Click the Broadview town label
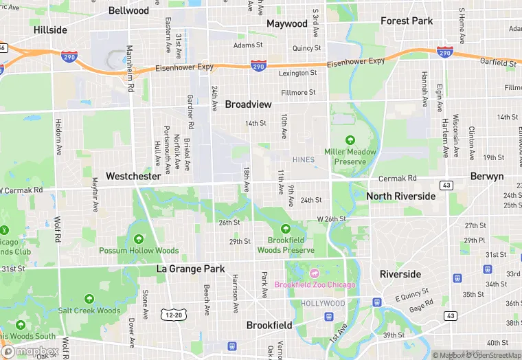(248, 104)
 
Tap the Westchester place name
(133, 176)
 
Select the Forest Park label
(407, 21)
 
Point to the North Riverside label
(400, 196)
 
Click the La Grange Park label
(190, 268)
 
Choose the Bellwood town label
(128, 10)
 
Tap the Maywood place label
(286, 23)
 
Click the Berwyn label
(487, 176)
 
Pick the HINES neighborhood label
(303, 160)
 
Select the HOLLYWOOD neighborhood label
(323, 303)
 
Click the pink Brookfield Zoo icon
(315, 273)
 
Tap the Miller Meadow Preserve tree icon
(350, 139)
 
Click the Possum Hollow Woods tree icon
(139, 239)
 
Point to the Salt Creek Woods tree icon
(89, 299)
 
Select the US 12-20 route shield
(172, 315)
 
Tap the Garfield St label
(499, 63)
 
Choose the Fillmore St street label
(297, 92)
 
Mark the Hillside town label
(50, 30)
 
